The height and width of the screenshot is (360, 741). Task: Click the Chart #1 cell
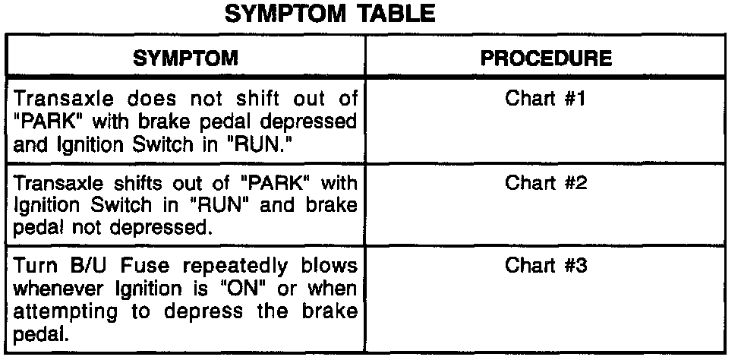(x=544, y=99)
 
